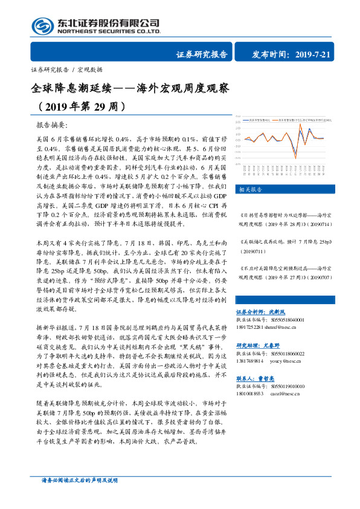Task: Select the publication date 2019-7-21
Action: [x=322, y=54]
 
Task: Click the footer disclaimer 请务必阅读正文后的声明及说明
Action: [x=76, y=496]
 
